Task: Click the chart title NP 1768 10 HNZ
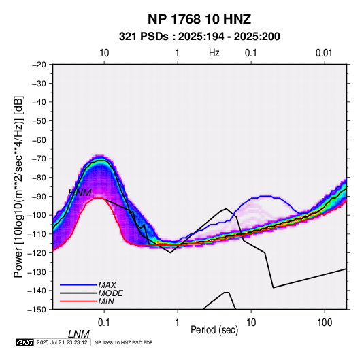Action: (x=199, y=19)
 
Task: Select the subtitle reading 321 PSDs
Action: (x=144, y=37)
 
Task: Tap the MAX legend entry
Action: (x=107, y=284)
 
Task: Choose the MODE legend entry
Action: (x=110, y=293)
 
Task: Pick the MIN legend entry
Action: (x=106, y=301)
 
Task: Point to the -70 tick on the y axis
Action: (x=39, y=159)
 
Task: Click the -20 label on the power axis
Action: (x=39, y=65)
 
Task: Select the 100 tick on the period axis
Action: (x=325, y=323)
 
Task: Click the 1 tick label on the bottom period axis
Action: (x=178, y=323)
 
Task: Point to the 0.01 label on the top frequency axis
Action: (x=324, y=53)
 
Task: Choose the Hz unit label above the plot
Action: (x=214, y=53)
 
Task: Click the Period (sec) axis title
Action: (x=214, y=330)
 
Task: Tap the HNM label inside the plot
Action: (x=80, y=193)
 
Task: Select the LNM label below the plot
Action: (x=79, y=334)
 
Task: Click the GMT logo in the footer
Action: (x=25, y=342)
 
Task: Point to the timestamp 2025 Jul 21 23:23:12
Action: (x=62, y=342)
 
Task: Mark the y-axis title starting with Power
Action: (x=18, y=187)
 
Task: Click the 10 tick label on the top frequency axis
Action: (x=104, y=53)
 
